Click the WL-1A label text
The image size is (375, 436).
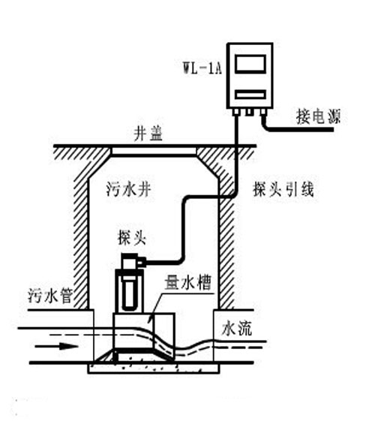click(x=202, y=68)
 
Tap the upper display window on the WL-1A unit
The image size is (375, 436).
click(x=250, y=64)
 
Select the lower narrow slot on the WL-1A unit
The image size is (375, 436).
click(x=250, y=95)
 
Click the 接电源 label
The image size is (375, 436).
click(x=318, y=116)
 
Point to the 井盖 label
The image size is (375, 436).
click(x=148, y=134)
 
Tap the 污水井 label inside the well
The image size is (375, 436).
click(x=129, y=189)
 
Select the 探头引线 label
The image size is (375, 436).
click(x=283, y=189)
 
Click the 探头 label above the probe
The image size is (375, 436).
click(x=132, y=238)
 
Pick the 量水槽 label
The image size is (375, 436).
click(x=187, y=283)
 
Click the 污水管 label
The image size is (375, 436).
click(x=50, y=296)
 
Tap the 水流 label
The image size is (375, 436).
click(x=237, y=329)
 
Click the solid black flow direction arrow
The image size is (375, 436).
click(x=56, y=346)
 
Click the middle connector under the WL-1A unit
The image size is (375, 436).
click(x=249, y=112)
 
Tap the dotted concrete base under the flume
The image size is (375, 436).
click(x=154, y=368)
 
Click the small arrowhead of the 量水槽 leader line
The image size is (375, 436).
click(x=151, y=317)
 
